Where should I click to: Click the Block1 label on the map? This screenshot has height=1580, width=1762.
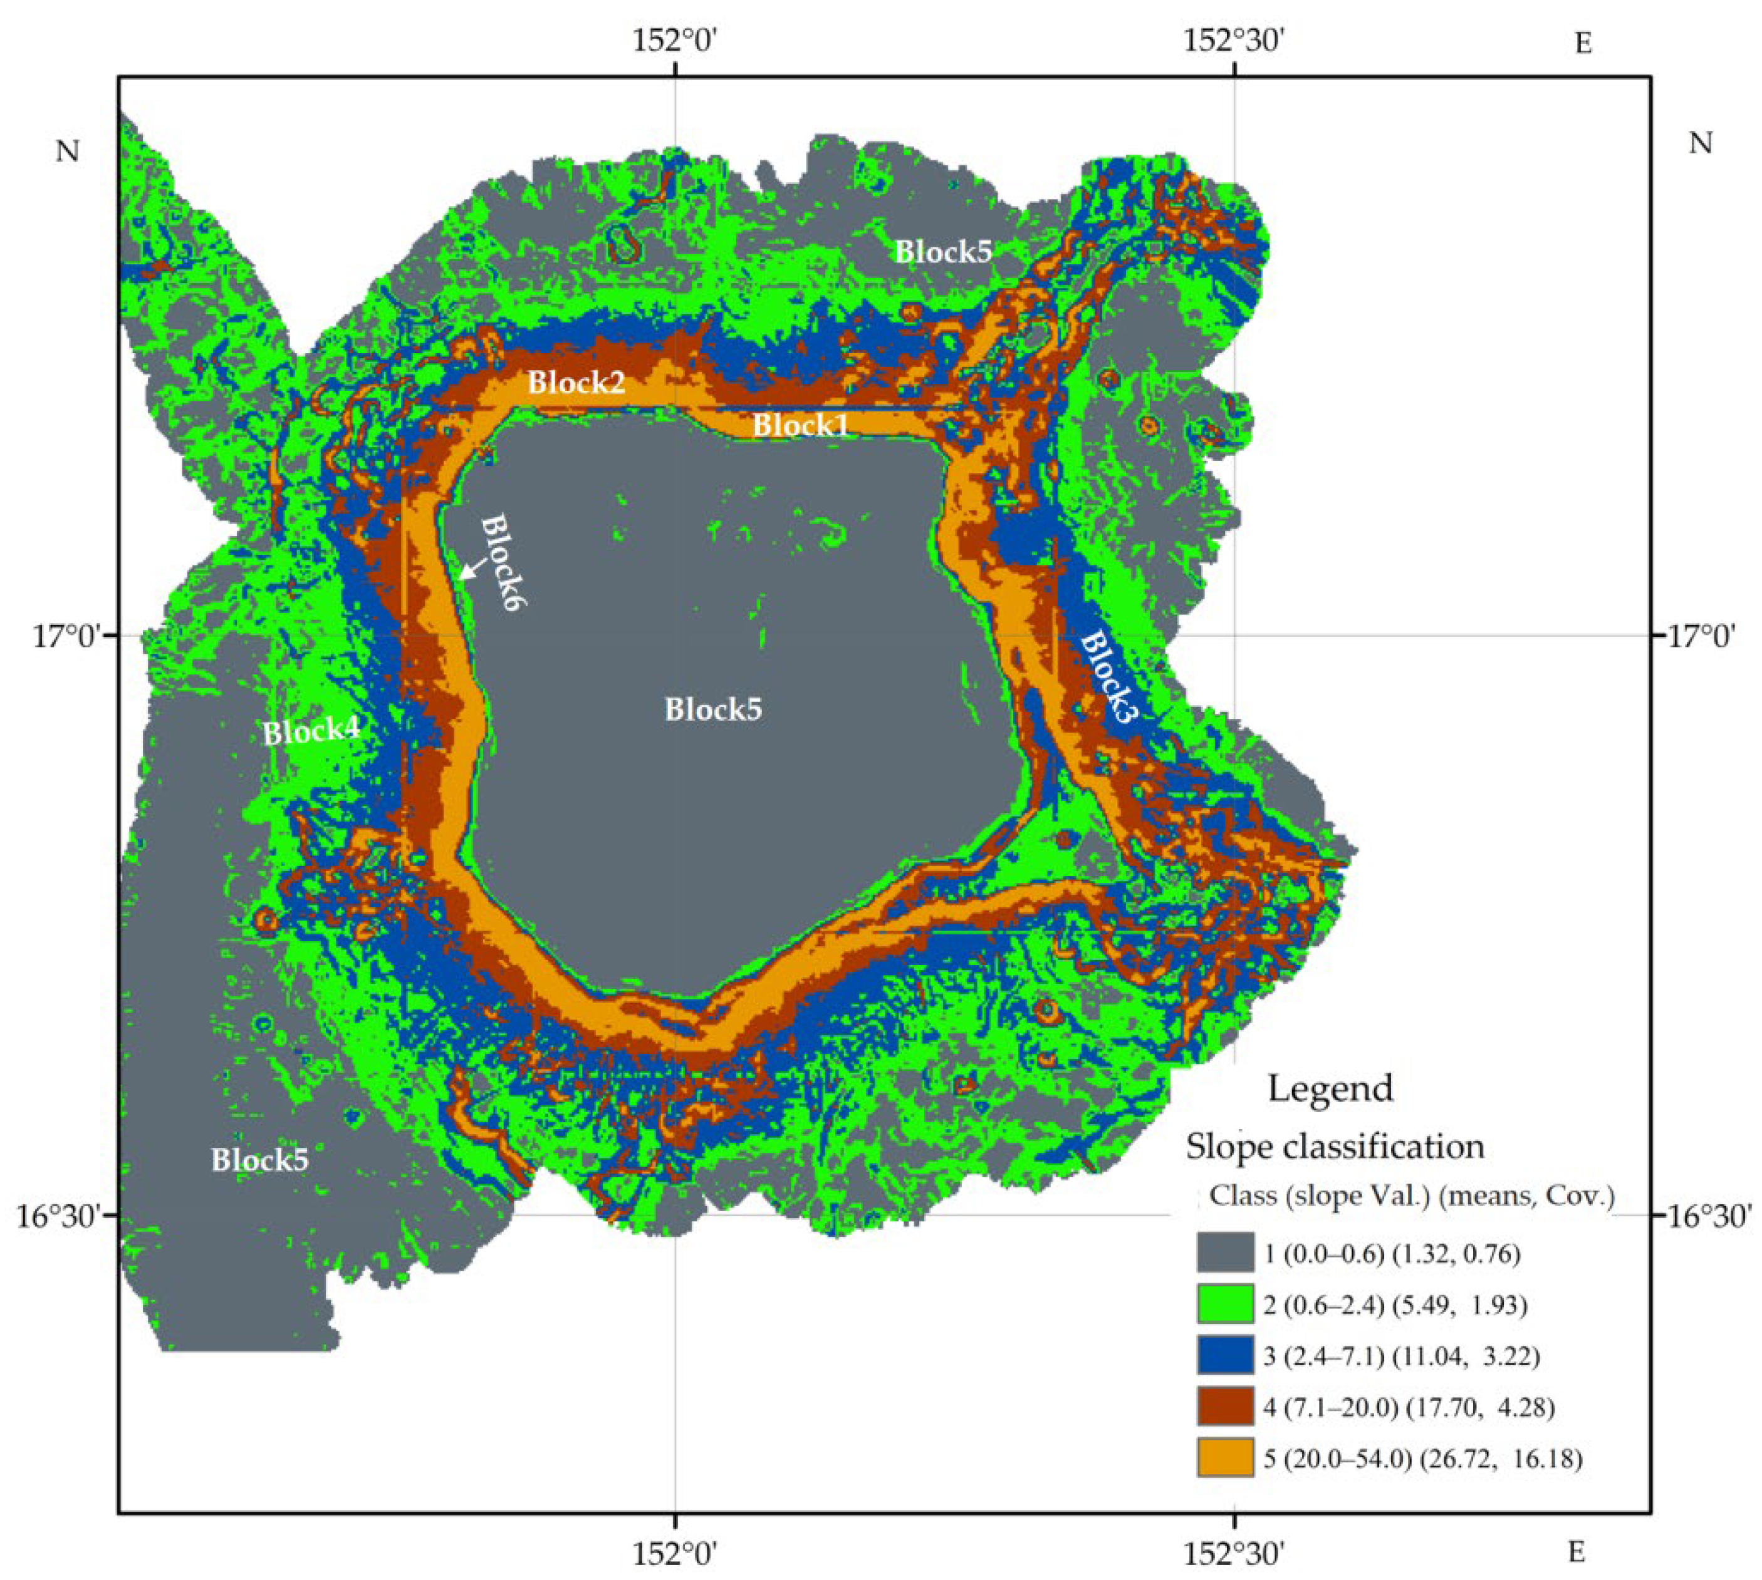point(800,425)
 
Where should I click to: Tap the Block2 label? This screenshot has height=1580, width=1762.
point(576,382)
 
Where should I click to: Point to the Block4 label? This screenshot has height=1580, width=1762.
point(311,732)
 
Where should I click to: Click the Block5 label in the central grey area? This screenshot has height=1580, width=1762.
point(713,710)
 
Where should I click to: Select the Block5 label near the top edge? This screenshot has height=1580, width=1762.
point(943,252)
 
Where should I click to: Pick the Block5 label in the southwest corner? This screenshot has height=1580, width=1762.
point(259,1160)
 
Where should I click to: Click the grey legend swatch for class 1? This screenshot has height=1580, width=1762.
point(1224,1252)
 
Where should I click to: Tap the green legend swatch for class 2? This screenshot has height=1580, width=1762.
point(1224,1304)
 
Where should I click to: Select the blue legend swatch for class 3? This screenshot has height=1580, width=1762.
point(1224,1355)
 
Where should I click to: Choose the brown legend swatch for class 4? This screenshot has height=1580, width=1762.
point(1224,1407)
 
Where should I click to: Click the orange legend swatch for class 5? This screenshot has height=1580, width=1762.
point(1224,1458)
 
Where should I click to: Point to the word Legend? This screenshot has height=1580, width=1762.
point(1330,1088)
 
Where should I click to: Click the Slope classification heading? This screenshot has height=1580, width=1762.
point(1335,1147)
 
